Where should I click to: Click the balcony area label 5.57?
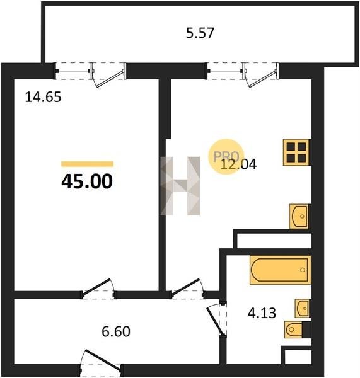click(x=200, y=33)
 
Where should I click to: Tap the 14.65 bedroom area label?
click(x=44, y=98)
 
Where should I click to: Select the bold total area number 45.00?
click(x=87, y=181)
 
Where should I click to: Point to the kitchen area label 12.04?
click(x=238, y=164)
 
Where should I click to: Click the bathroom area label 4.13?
click(x=262, y=313)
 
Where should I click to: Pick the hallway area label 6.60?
click(x=116, y=331)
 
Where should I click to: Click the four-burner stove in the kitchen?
click(x=296, y=152)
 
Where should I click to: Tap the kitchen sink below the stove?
click(x=299, y=216)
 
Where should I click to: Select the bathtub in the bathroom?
click(x=280, y=270)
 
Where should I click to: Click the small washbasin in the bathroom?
click(x=303, y=308)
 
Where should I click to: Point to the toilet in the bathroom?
click(x=294, y=329)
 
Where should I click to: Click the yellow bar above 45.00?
click(x=88, y=164)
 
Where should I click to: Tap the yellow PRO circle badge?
click(x=226, y=156)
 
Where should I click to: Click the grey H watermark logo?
click(x=180, y=186)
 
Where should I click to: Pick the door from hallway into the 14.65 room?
click(x=98, y=289)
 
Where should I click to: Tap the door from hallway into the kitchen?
click(x=188, y=289)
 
